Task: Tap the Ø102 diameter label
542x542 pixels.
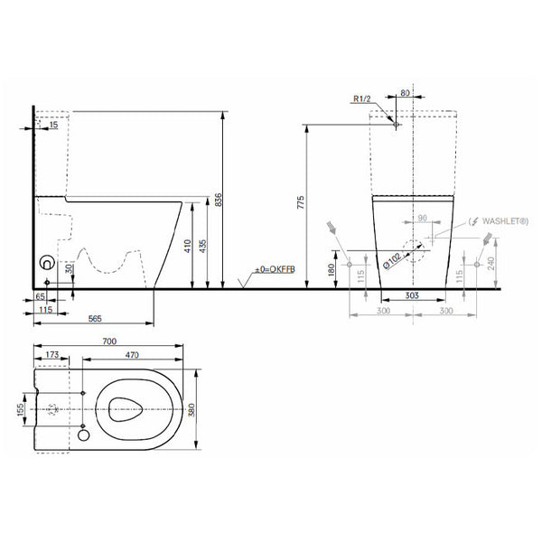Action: point(392,259)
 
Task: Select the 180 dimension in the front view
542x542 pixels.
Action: point(332,269)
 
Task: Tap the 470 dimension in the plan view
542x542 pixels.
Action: point(135,357)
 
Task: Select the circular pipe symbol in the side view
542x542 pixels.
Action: point(44,266)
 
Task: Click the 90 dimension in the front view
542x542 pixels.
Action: point(421,219)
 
